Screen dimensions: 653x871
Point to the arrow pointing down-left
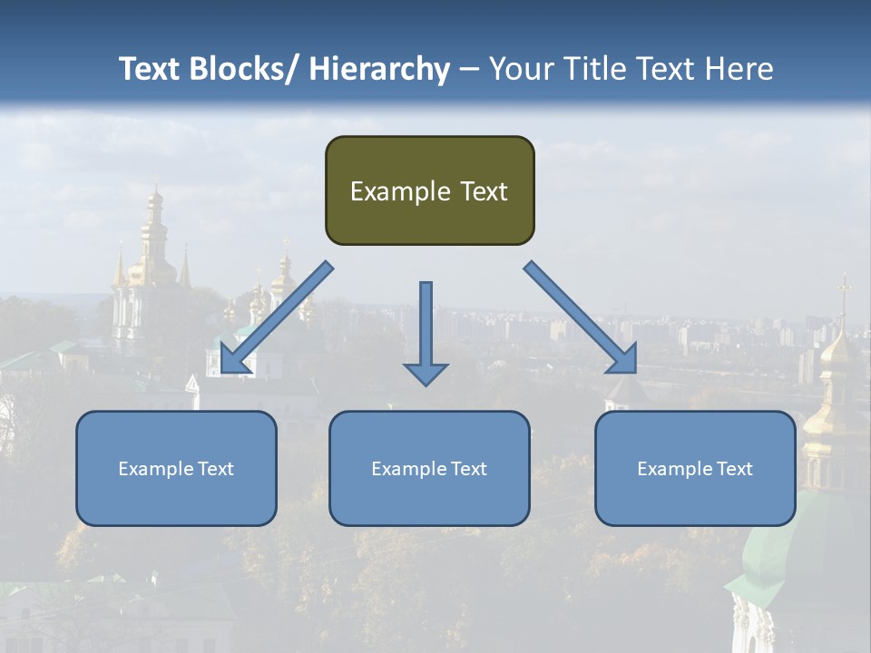click(x=277, y=317)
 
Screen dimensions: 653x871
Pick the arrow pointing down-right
click(x=581, y=317)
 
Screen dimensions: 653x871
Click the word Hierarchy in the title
click(x=379, y=69)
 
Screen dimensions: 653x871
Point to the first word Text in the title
click(x=151, y=69)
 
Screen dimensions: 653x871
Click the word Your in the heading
click(x=521, y=69)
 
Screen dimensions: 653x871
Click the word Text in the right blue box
click(x=733, y=469)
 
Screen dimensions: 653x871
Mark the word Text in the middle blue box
click(x=467, y=469)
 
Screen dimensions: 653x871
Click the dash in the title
click(x=468, y=70)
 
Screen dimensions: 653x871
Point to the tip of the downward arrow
click(x=426, y=384)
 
